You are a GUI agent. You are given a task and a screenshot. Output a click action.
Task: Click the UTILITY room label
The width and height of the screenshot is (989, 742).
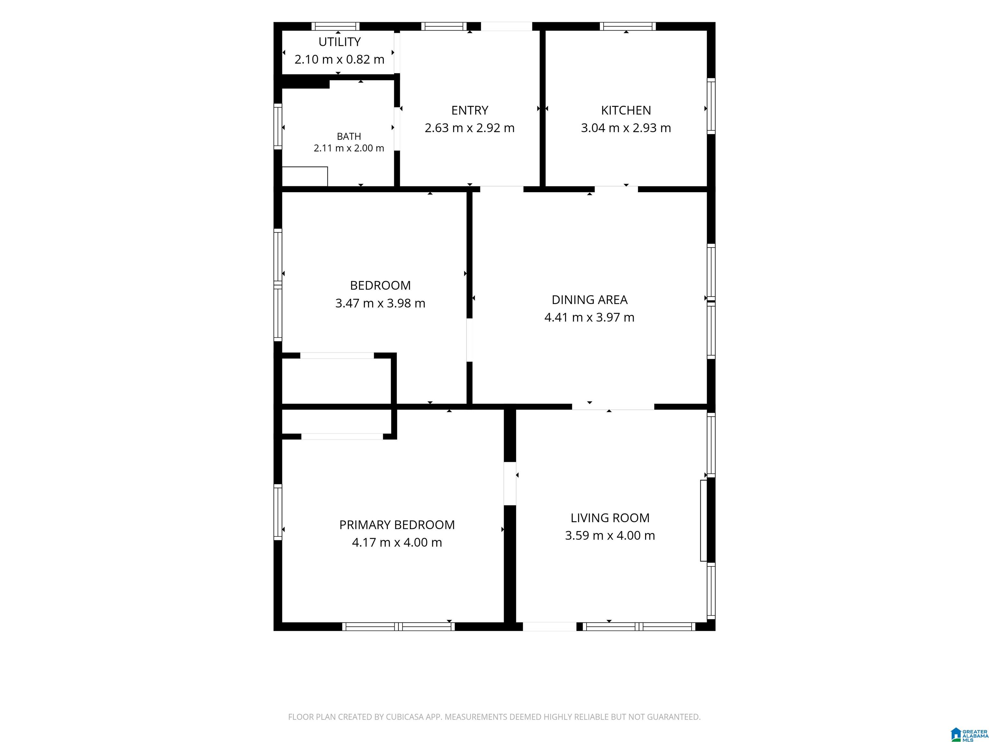[x=339, y=42]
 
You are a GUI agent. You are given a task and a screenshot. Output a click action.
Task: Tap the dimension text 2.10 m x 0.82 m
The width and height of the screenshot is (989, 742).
[x=339, y=60]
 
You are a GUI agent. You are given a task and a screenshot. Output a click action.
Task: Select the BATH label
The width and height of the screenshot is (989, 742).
[x=349, y=137]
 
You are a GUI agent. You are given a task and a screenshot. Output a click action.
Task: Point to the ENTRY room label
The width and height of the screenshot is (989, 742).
[x=469, y=110]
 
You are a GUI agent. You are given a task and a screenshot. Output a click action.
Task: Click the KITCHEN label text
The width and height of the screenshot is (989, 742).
[x=626, y=110]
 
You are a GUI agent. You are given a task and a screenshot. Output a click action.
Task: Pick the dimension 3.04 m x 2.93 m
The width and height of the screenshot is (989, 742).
[x=626, y=128]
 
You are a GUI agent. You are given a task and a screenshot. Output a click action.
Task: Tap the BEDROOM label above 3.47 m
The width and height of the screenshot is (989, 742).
[x=380, y=285]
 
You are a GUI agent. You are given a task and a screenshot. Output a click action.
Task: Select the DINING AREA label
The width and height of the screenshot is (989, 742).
[x=589, y=300]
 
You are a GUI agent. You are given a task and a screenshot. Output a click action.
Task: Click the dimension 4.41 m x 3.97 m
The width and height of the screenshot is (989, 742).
[x=589, y=318]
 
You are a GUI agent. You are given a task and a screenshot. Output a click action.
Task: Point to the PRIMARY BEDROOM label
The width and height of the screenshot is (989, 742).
[x=397, y=525]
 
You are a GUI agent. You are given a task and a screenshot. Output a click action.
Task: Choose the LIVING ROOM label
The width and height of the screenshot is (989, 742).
[x=610, y=518]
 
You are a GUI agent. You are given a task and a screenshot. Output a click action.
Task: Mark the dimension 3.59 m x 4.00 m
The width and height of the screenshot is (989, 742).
[x=610, y=535]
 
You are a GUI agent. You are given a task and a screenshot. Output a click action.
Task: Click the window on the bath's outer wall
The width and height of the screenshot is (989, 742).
[x=278, y=127]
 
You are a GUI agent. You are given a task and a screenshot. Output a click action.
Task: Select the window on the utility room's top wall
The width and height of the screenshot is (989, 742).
[x=335, y=26]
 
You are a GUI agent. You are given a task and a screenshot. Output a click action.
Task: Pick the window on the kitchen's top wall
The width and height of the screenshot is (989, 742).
[x=628, y=26]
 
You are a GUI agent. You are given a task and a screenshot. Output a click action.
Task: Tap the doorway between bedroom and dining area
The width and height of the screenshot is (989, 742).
[x=469, y=340]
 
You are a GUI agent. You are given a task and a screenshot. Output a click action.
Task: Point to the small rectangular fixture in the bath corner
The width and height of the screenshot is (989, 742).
[x=305, y=176]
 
